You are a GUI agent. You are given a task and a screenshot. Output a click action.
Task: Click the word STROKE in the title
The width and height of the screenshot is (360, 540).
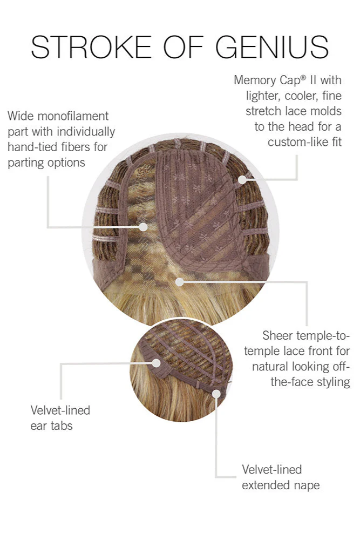pos(91,47)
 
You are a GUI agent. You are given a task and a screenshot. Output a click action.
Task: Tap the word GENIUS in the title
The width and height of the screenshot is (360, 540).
pos(272,47)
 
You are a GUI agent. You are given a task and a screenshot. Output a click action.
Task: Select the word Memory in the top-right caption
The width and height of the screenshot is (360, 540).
pos(255,80)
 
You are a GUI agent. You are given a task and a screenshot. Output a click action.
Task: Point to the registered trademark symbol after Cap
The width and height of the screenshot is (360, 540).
pos(303,77)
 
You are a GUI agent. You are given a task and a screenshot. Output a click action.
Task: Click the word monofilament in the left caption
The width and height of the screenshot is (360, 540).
pos(73,116)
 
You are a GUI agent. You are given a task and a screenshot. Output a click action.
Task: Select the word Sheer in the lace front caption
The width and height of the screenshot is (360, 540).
pos(278,335)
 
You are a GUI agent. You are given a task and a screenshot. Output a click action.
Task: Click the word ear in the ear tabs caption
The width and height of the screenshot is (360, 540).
pos(38,427)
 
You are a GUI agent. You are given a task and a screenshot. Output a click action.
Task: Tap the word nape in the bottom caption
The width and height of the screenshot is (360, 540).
pos(307,486)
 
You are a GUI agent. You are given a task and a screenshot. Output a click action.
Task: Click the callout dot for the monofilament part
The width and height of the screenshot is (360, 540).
pos(143,227)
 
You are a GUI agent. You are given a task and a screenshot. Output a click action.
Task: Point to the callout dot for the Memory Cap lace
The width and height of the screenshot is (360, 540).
pos(242,179)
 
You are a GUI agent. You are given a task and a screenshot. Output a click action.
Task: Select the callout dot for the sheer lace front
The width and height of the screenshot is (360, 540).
pos(179,282)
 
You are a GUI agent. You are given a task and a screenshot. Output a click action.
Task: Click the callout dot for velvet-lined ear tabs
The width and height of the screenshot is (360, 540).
pos(157,363)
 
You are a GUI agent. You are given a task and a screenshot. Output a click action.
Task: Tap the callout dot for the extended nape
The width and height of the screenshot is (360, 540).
pos(216,394)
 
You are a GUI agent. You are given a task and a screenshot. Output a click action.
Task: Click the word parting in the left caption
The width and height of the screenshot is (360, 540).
pos(26,163)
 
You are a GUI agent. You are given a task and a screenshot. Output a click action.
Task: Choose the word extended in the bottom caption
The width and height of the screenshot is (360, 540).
pos(266,485)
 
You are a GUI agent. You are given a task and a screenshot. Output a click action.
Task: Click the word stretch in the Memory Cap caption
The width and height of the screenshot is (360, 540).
pos(263,111)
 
